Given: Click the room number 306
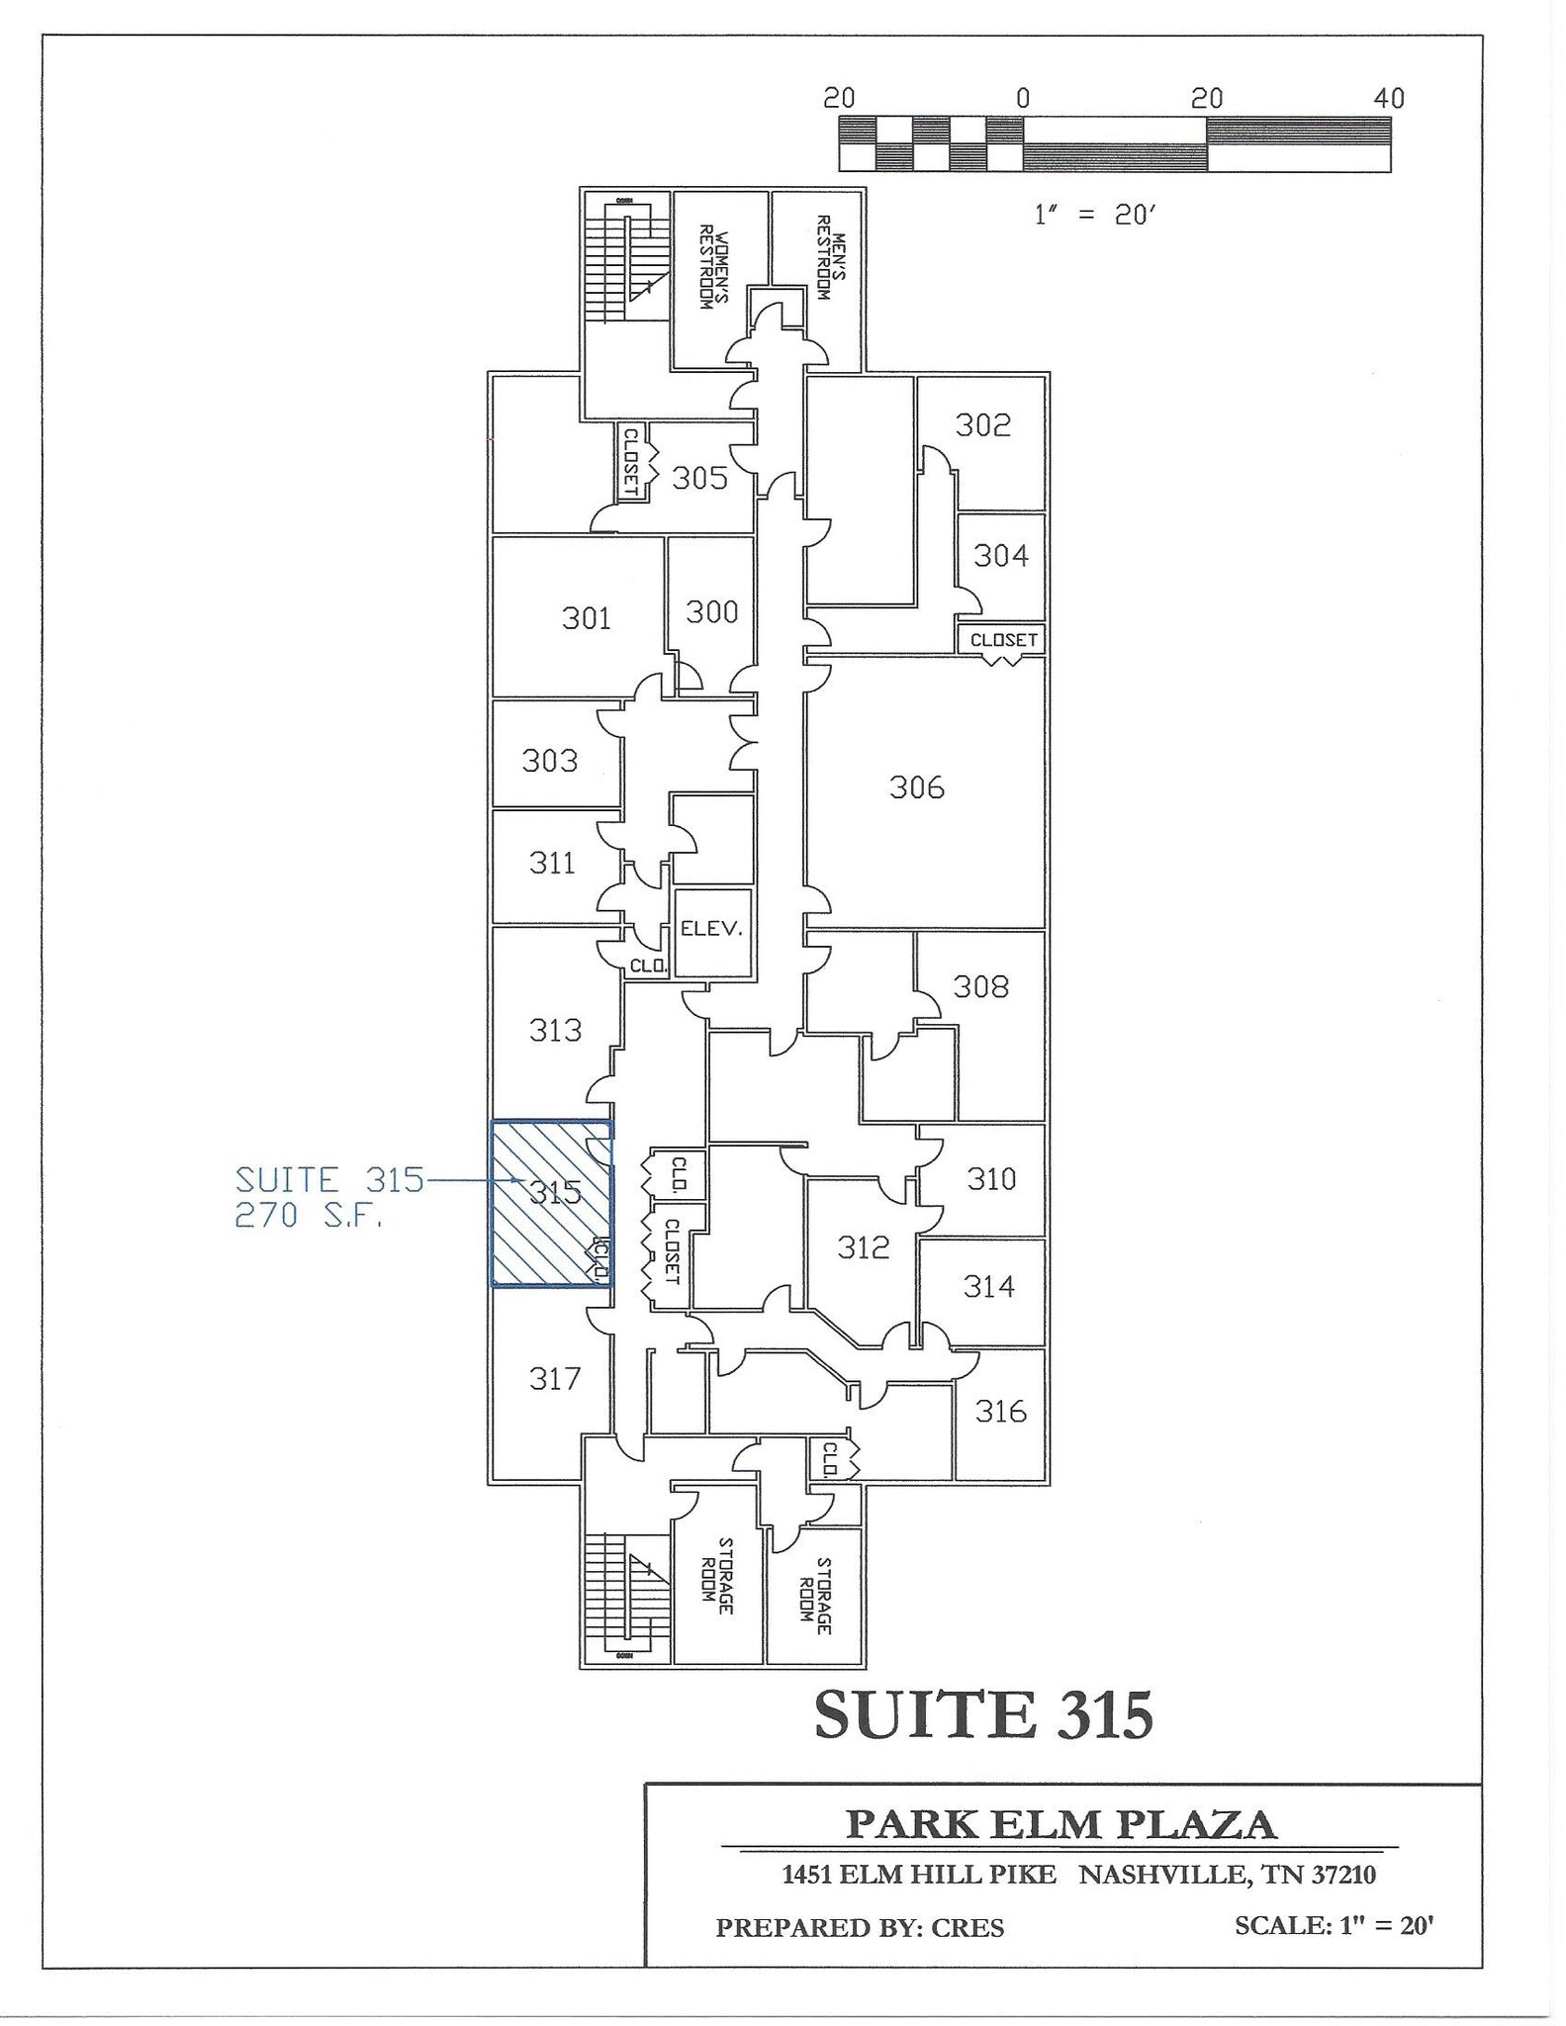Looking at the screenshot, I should point(916,787).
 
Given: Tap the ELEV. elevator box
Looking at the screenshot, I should point(711,930).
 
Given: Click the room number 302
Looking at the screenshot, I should point(982,425).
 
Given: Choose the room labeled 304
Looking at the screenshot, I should point(1000,556).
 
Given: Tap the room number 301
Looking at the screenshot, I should point(586,618).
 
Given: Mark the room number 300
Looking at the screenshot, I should point(711,612).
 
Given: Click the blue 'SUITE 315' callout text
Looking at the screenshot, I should point(329,1180).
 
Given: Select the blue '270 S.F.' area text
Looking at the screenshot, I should point(308,1216).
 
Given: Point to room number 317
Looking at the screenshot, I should point(554,1378).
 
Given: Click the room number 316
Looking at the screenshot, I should point(1000,1411).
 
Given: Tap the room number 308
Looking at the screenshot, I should point(980,986).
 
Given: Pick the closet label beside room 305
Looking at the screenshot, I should point(630,462).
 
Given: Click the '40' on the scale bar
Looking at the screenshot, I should point(1389,98).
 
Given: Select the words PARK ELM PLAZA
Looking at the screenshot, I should point(1060,1824).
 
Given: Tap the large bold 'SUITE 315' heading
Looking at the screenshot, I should point(983,1715).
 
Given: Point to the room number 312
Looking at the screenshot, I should point(863,1247).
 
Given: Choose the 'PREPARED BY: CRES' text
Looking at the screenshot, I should point(860,1928).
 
